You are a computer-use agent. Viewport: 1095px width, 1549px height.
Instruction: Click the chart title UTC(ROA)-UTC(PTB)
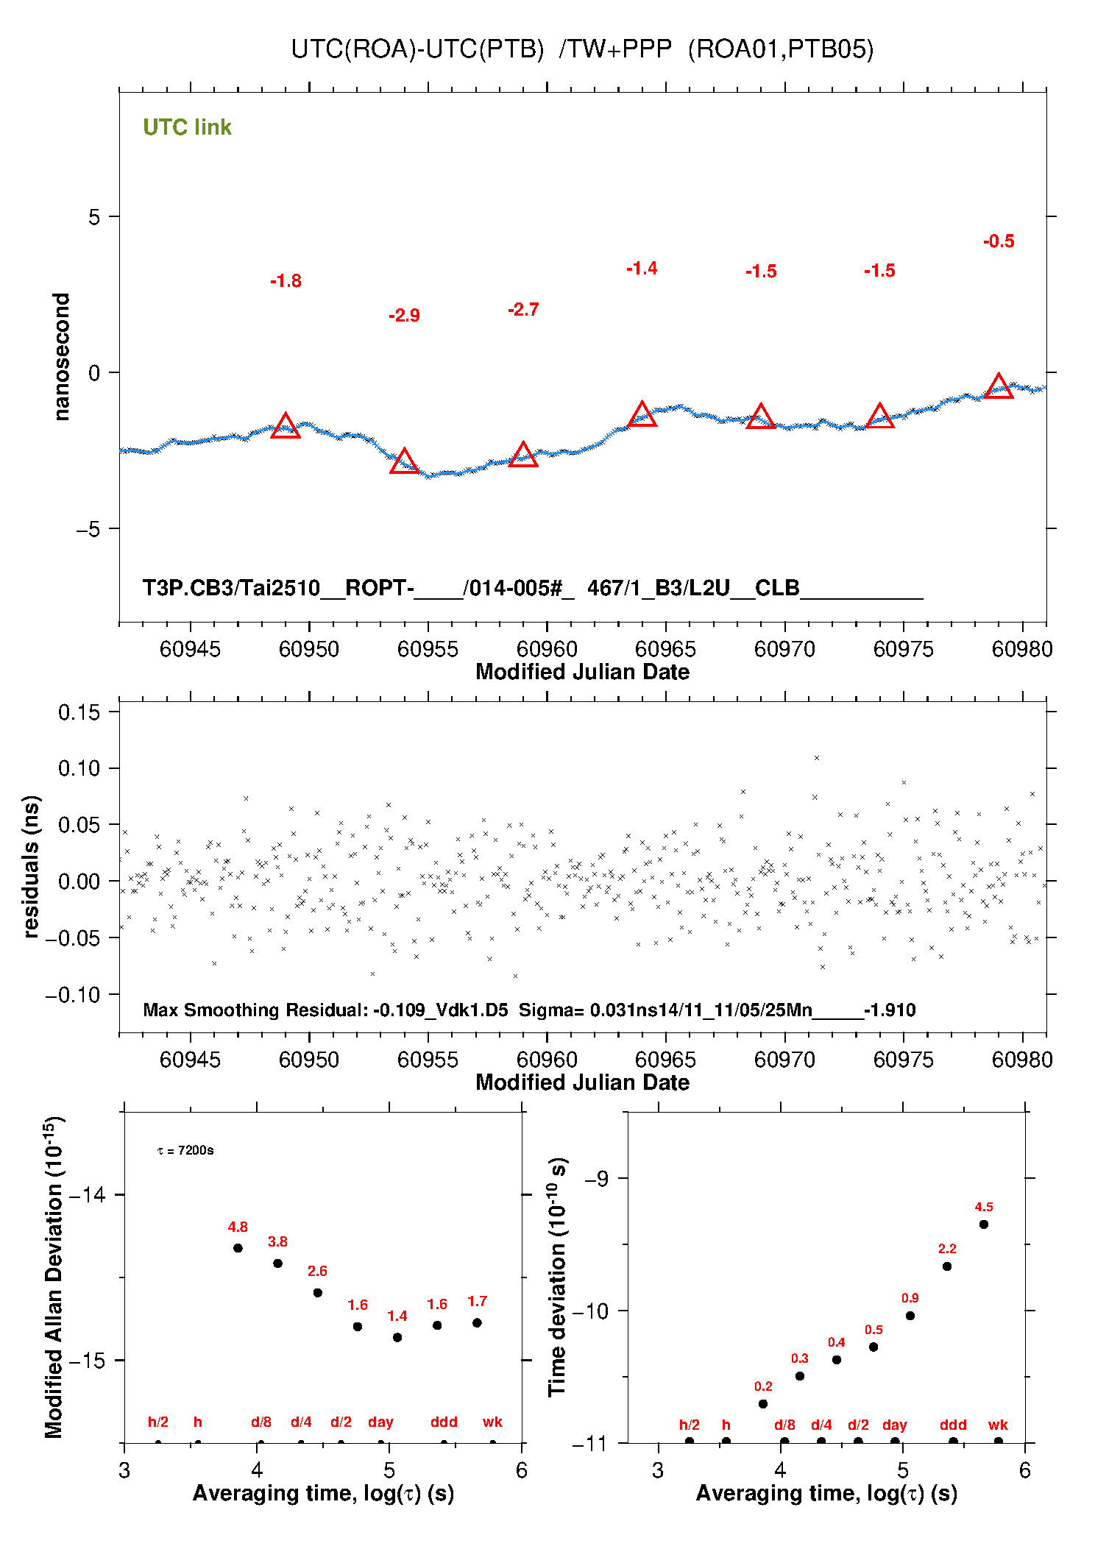click(x=417, y=49)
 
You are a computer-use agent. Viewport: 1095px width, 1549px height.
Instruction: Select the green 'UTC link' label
click(x=187, y=127)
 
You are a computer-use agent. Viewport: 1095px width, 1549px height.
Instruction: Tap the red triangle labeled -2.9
click(x=404, y=462)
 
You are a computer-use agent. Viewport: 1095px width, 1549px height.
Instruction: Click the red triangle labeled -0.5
click(x=999, y=386)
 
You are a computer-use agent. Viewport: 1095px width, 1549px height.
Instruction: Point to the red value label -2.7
click(x=523, y=310)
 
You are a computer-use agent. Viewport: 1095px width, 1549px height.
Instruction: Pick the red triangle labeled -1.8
click(x=286, y=426)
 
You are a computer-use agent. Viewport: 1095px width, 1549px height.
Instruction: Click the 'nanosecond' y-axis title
click(x=62, y=357)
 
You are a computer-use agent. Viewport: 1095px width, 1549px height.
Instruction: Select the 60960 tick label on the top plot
click(x=547, y=649)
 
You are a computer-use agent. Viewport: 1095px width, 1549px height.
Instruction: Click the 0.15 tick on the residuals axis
click(x=79, y=712)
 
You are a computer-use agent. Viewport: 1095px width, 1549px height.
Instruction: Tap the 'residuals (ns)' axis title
click(x=30, y=866)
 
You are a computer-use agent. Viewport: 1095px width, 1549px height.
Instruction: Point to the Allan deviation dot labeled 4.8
click(x=238, y=1248)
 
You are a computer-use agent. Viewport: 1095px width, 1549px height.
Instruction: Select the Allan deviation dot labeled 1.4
click(x=397, y=1337)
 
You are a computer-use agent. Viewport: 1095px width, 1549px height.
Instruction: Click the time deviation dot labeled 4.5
click(x=984, y=1224)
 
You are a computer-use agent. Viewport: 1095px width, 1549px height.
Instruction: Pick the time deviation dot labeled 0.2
click(x=763, y=1404)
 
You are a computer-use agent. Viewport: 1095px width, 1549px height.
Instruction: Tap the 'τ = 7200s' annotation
click(x=185, y=1150)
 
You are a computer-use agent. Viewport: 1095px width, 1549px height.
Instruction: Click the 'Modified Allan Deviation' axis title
click(x=53, y=1277)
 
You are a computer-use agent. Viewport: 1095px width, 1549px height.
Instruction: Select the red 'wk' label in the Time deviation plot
click(x=998, y=1425)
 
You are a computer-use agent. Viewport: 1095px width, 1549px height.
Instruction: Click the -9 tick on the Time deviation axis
click(x=596, y=1179)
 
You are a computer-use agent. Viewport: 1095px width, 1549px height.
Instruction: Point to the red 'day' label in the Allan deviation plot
click(x=380, y=1422)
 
